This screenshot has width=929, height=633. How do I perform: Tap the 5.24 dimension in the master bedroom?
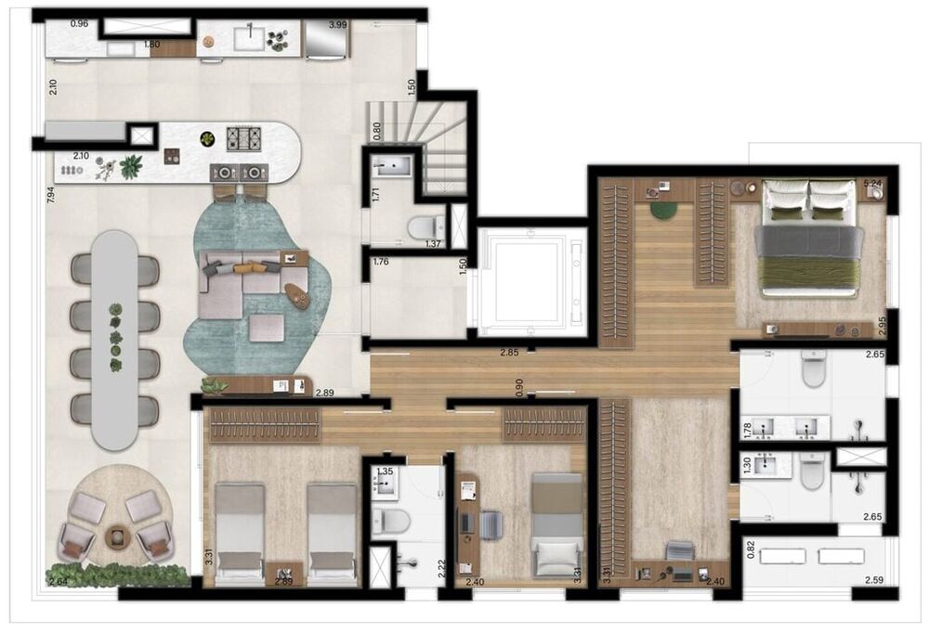pyautogui.click(x=871, y=184)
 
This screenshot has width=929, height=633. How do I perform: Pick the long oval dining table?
pyautogui.click(x=116, y=339)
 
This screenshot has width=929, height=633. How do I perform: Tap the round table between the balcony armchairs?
pyautogui.click(x=118, y=536)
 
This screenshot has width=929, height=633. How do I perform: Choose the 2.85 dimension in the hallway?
pyautogui.click(x=509, y=354)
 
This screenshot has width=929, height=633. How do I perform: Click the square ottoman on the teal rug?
pyautogui.click(x=266, y=327)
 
